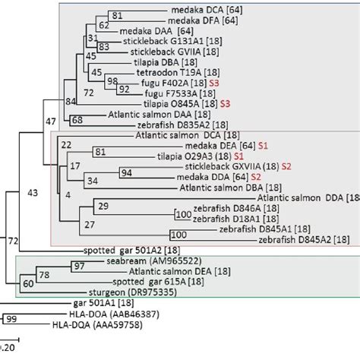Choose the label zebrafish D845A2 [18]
click(305, 239)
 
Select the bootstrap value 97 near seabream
click(78, 265)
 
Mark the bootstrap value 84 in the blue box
click(50, 100)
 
